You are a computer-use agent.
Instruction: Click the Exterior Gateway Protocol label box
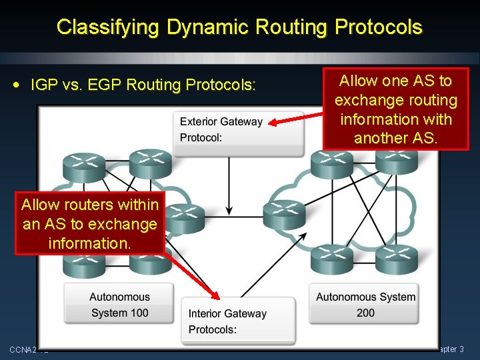click(221, 130)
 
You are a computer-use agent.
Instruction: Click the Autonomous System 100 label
click(119, 305)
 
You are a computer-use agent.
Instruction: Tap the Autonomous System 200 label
click(365, 305)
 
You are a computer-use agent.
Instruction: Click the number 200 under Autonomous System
click(365, 313)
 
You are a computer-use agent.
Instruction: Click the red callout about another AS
click(395, 109)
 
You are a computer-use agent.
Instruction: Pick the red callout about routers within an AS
click(89, 223)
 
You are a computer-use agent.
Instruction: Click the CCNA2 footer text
click(24, 349)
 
